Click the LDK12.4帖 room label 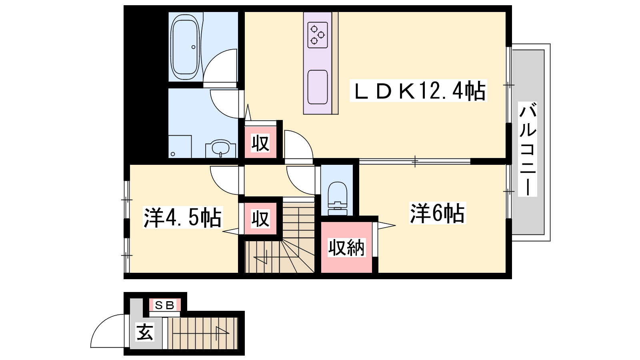coord(418,91)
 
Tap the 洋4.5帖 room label coord(182,218)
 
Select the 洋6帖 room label coord(438,213)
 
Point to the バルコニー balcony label coord(528,149)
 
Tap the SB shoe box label coord(164,305)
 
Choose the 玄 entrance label coord(145,332)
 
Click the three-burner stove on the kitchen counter coord(318,35)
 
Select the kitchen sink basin coord(318,87)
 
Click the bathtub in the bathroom coord(185,47)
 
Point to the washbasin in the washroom coord(220,148)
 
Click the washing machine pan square coord(180,146)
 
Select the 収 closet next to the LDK coord(260,142)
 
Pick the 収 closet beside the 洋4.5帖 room coord(260,218)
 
